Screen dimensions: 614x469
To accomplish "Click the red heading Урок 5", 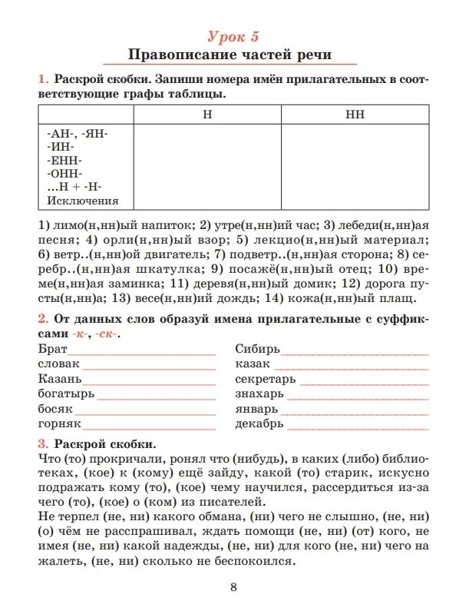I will (234, 35).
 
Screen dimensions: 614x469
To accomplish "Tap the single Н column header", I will (207, 114).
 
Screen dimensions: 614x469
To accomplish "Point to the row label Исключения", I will (83, 201).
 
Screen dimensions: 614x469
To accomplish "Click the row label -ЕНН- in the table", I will (64, 160).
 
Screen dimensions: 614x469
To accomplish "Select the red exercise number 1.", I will (42, 79).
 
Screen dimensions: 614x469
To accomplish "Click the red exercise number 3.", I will (42, 443).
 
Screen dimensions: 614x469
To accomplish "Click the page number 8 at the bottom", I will (233, 588).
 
